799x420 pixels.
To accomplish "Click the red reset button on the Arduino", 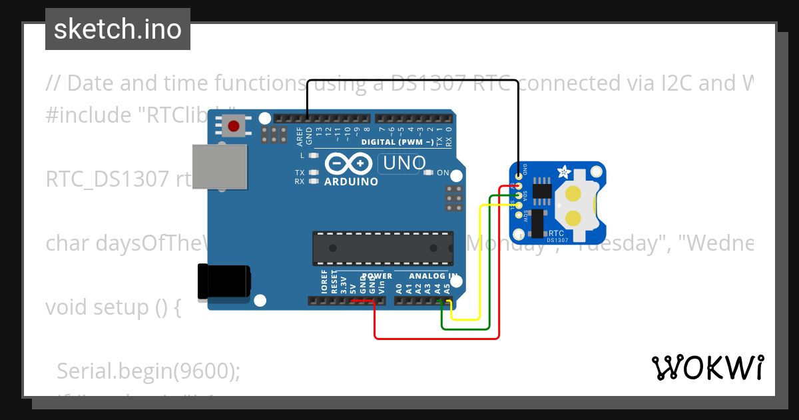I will click(x=234, y=125).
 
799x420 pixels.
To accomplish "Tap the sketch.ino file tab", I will click(x=118, y=29).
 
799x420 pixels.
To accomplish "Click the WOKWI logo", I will click(x=707, y=367).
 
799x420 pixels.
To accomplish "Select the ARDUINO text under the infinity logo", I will click(x=351, y=181).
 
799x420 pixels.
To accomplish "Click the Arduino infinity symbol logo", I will click(x=349, y=164).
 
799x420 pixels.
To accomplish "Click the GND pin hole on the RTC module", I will click(x=519, y=175).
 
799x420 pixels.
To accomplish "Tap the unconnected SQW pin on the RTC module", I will click(x=519, y=215).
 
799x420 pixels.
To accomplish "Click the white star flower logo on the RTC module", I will click(x=563, y=172).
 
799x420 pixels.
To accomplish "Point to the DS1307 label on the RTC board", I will click(x=557, y=240).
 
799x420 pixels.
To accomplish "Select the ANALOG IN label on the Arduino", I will click(x=433, y=276).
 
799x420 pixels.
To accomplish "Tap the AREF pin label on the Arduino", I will click(x=300, y=137).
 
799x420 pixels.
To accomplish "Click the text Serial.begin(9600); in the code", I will click(x=148, y=371).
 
